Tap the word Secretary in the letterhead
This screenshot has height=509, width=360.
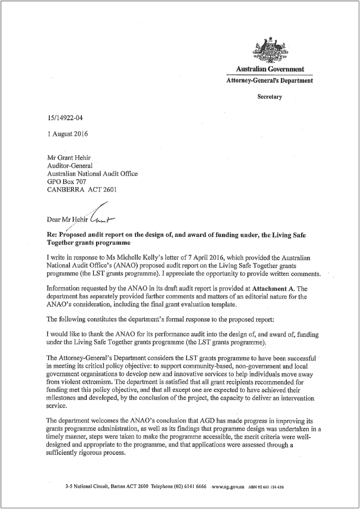[x=270, y=97]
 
